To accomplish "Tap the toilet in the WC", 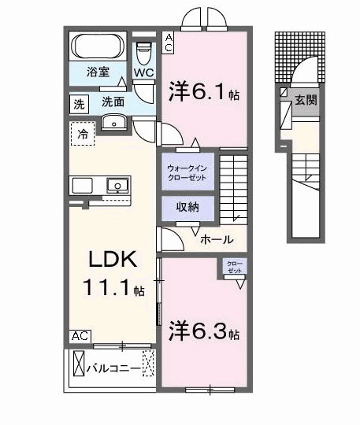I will click(143, 53).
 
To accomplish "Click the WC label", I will click(143, 72).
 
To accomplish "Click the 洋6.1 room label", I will click(202, 93).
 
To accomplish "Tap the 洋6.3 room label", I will click(202, 332).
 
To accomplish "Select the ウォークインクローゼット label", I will click(187, 172).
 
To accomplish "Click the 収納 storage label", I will click(187, 207).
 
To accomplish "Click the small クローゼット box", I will click(235, 267).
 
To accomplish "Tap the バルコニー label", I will click(113, 368).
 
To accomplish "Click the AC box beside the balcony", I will click(80, 336).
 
